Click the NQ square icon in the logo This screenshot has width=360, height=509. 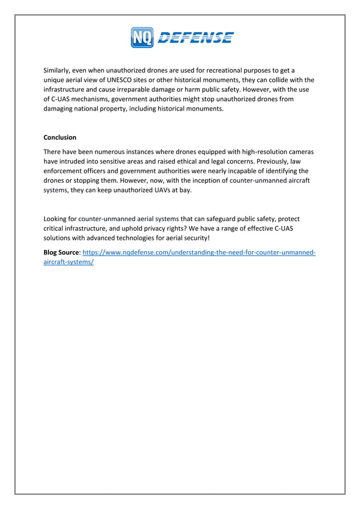[142, 38]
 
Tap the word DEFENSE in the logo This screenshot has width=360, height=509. [195, 38]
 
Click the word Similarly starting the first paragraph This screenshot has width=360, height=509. [59, 71]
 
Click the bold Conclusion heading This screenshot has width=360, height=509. [60, 138]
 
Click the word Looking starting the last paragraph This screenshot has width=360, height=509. [57, 219]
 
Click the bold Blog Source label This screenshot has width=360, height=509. [62, 253]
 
